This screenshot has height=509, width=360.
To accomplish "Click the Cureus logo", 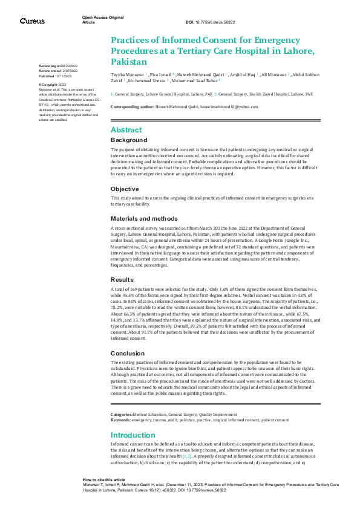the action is [31, 21].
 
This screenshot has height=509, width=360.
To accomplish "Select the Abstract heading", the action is [126, 130].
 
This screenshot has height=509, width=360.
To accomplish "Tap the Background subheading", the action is [128, 140].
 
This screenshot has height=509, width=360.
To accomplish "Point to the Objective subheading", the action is [125, 189].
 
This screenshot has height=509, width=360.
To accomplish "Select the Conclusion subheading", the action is [128, 353].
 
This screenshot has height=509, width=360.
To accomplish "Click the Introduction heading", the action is [133, 435].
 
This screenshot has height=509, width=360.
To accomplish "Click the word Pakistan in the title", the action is [129, 62].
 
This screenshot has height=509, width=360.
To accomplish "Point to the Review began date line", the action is [57, 65].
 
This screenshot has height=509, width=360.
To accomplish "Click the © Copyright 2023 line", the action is [54, 85].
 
